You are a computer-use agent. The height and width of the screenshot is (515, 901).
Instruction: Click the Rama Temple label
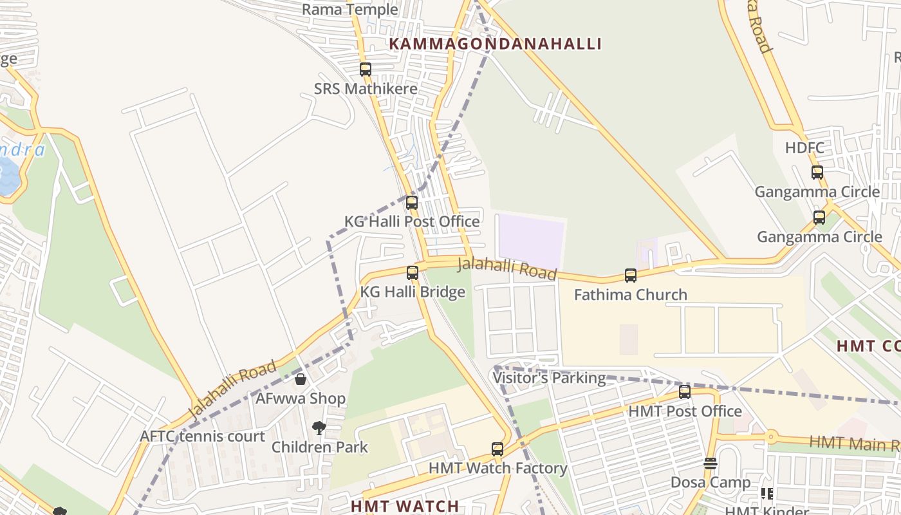point(349,10)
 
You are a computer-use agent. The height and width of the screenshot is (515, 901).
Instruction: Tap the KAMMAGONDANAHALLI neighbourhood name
point(495,44)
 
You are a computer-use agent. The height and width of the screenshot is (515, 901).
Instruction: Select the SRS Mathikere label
point(366,89)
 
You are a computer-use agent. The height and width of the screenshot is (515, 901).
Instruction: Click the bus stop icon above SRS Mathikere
point(366,70)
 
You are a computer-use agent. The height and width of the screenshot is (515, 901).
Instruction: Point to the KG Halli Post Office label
point(412,222)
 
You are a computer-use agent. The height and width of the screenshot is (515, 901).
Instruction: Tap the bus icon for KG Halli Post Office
point(412,203)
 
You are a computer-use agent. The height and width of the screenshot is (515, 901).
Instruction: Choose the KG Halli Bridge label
point(413,292)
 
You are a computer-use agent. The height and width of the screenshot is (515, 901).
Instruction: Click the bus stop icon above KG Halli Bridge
point(413,273)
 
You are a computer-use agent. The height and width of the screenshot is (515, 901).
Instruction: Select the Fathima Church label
point(631,295)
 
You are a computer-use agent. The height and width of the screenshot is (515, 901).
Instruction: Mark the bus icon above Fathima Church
point(631,276)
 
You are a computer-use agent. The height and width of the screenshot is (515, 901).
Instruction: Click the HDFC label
point(804,148)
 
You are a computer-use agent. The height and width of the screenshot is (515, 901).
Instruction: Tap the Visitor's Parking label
point(549,378)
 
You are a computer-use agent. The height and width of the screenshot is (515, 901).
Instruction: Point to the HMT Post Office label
point(685,411)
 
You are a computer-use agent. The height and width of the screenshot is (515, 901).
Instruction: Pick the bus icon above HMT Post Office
point(685,392)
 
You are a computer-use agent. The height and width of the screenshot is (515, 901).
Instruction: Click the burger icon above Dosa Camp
point(711,464)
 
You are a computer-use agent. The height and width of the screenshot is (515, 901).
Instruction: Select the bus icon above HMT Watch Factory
point(497,449)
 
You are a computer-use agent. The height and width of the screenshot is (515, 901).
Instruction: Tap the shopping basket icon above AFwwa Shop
point(301,379)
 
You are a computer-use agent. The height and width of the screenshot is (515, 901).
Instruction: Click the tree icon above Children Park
point(319,428)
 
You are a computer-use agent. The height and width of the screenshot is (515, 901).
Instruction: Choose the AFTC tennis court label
point(203,436)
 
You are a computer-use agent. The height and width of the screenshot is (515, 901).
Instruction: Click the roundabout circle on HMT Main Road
point(771,437)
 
